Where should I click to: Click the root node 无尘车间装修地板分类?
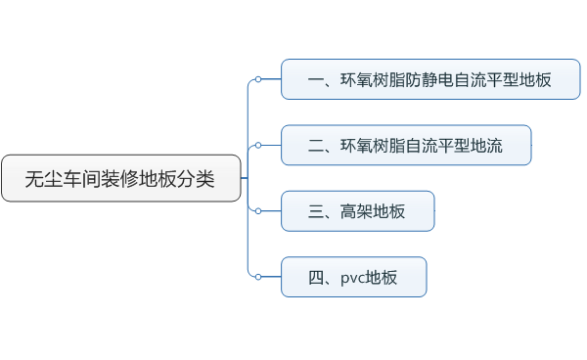coord(120,178)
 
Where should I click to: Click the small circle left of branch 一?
coord(257,79)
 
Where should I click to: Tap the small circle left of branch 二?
coord(257,145)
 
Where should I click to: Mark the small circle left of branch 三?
coord(257,210)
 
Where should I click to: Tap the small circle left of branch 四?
coord(257,277)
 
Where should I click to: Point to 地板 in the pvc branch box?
coord(382,278)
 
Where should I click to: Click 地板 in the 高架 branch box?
coord(388,211)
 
